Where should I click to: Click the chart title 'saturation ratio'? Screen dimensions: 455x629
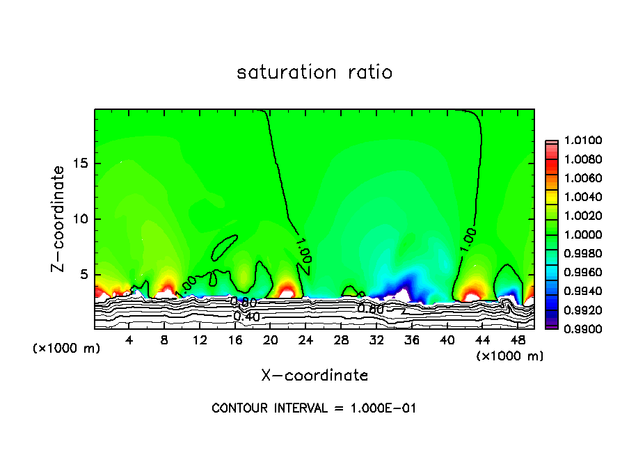click(314, 72)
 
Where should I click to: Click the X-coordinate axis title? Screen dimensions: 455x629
click(314, 376)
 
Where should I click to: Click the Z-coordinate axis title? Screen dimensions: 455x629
click(61, 218)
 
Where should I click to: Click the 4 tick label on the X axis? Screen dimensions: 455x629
click(129, 341)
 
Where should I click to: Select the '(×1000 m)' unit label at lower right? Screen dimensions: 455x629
click(510, 356)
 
